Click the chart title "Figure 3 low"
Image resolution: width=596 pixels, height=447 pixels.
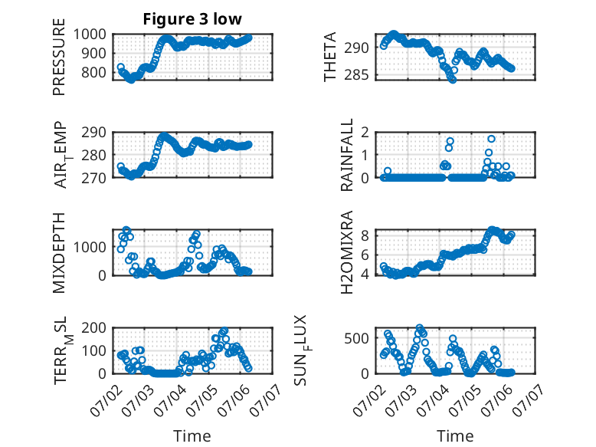tap(192, 19)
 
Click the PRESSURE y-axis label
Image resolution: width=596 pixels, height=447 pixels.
tap(59, 57)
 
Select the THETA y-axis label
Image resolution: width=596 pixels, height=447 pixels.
tap(330, 57)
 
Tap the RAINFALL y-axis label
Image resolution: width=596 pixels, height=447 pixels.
tap(347, 155)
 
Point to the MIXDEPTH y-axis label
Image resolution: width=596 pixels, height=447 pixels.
tap(59, 252)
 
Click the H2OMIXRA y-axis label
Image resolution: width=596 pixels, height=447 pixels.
tap(347, 252)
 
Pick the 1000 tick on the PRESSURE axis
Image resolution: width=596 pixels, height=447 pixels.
tap(90, 35)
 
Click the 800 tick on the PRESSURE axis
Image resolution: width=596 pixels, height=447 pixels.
tap(93, 72)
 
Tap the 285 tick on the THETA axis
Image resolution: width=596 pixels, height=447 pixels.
tap(356, 75)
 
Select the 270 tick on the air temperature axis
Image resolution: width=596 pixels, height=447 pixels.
tap(93, 178)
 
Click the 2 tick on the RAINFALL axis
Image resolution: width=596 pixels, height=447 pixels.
tap(365, 133)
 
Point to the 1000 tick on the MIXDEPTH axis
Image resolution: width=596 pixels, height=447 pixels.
tap(90, 247)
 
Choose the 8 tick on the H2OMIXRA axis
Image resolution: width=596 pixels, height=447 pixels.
tap(365, 236)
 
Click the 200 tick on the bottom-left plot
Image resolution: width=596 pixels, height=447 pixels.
tap(93, 327)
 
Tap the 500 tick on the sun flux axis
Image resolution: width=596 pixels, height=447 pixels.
tap(356, 338)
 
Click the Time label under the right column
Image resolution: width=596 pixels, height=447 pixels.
tap(455, 435)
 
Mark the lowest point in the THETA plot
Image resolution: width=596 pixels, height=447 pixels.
tap(452, 80)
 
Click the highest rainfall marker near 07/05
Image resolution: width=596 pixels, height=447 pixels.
tap(492, 139)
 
